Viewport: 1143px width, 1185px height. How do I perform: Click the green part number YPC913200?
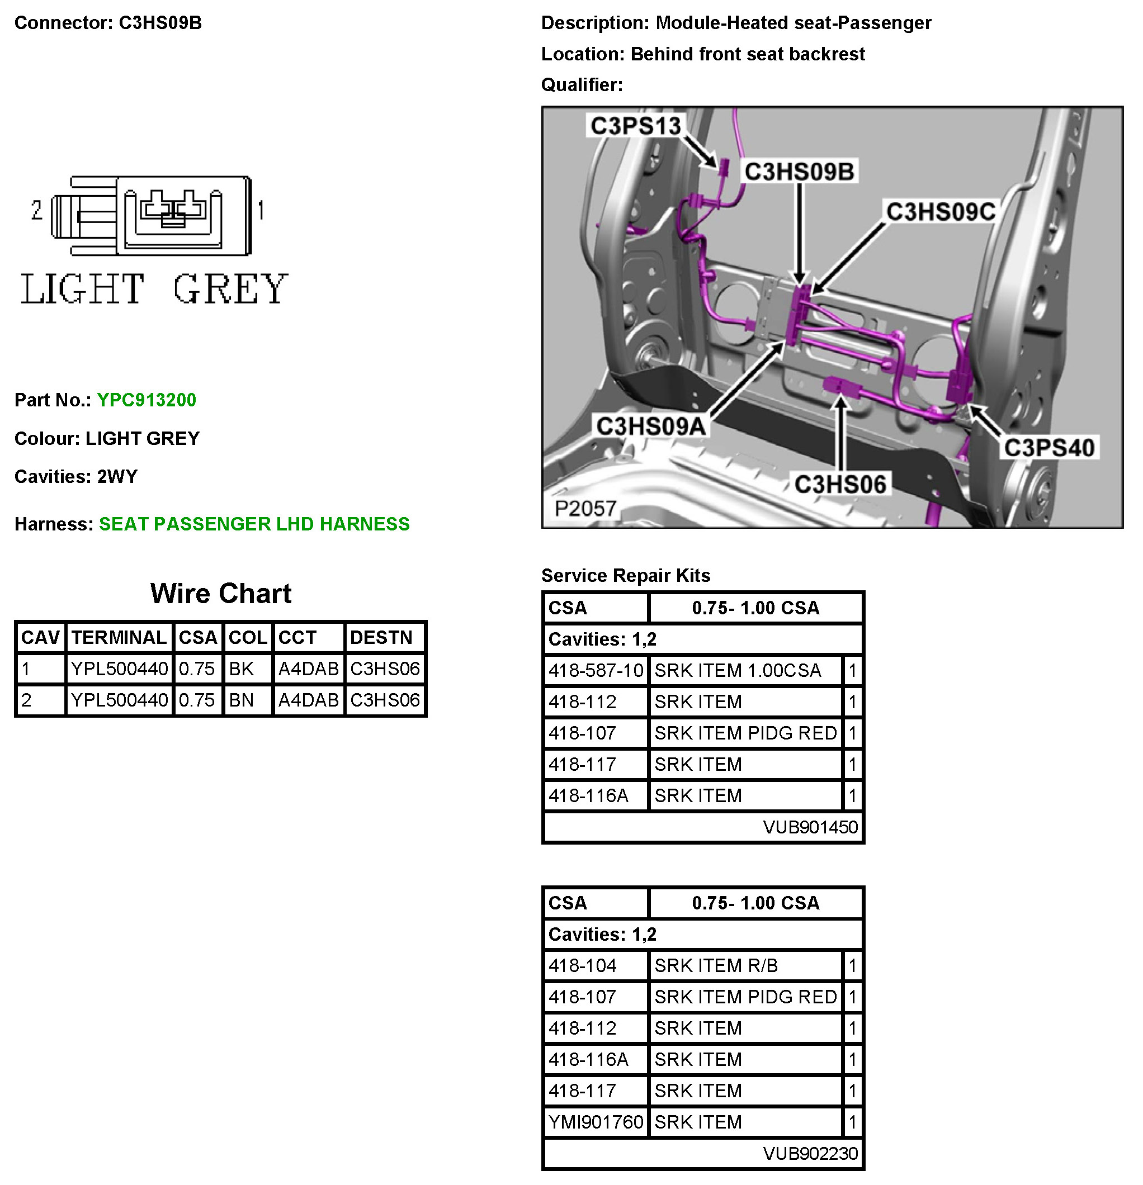click(147, 400)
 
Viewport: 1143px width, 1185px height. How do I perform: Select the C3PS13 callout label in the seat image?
click(635, 126)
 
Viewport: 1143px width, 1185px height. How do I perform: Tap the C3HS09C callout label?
click(941, 212)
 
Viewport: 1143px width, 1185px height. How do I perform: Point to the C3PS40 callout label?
click(1049, 448)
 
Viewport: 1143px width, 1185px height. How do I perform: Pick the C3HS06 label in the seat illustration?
click(840, 484)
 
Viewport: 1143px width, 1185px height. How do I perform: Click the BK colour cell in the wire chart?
click(242, 669)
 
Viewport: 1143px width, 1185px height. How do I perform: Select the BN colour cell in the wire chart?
click(242, 700)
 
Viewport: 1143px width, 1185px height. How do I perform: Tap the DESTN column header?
click(381, 637)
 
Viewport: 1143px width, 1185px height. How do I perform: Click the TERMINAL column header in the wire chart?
click(119, 637)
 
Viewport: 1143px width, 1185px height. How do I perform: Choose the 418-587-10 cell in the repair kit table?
click(596, 671)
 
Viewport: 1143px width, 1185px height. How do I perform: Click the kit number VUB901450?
click(810, 827)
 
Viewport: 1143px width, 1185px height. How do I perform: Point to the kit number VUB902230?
click(810, 1154)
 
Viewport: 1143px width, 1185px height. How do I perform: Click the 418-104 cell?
click(582, 965)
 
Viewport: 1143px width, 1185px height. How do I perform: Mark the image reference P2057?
click(585, 509)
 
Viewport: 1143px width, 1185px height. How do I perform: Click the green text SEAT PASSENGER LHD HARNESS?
click(254, 524)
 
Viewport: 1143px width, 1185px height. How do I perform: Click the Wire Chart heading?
click(221, 593)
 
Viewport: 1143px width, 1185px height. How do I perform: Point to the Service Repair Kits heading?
click(625, 576)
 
